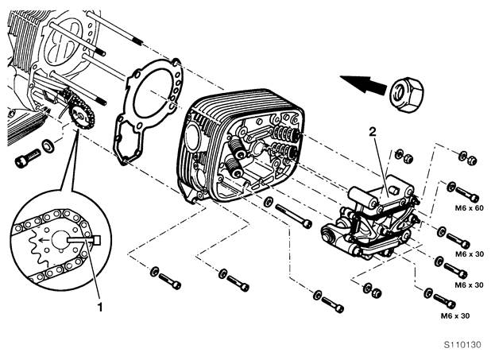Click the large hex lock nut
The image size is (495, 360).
click(x=406, y=94)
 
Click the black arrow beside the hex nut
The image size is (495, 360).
click(x=363, y=83)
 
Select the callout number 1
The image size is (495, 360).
click(x=100, y=307)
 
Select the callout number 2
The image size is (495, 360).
click(x=373, y=132)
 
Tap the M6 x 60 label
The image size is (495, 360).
click(x=469, y=208)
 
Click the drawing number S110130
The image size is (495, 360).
click(x=462, y=344)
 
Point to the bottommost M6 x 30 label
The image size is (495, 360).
click(x=455, y=315)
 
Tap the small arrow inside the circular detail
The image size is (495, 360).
click(x=43, y=240)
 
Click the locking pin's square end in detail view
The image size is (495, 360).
click(x=97, y=240)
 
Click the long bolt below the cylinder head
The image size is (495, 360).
click(x=294, y=215)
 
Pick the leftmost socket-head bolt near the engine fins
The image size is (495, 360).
click(x=28, y=158)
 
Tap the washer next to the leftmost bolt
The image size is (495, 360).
click(x=48, y=146)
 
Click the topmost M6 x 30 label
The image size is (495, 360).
click(x=470, y=254)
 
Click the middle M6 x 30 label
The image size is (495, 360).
click(x=469, y=285)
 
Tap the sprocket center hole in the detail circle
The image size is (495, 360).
click(x=60, y=240)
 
